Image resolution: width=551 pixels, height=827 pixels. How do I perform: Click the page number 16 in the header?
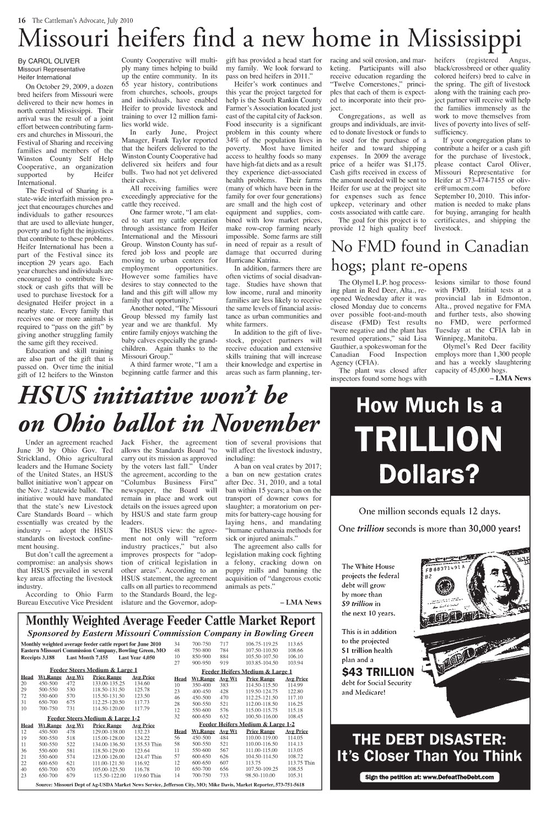pos(22,20)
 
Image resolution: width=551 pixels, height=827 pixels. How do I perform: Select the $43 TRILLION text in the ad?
pos(377,672)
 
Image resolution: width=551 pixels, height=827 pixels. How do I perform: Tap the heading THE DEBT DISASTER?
pos(429,739)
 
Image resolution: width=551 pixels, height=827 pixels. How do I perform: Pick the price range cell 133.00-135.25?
pos(107,683)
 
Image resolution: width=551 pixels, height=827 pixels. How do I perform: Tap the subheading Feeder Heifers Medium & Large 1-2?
pos(247,723)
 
